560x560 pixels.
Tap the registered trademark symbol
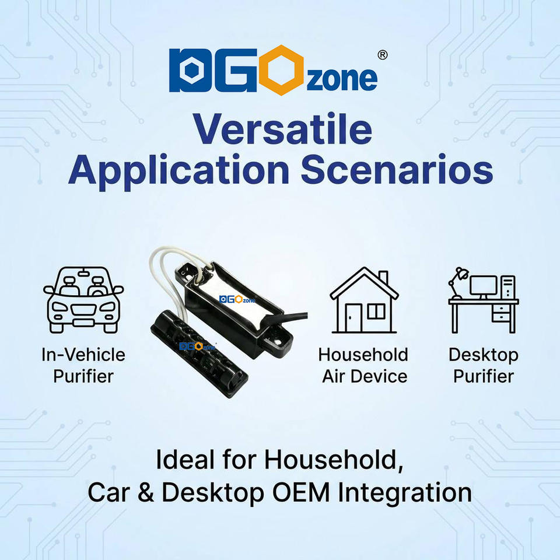click(x=383, y=55)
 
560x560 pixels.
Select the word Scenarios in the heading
click(x=397, y=170)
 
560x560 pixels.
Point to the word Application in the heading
click(x=178, y=172)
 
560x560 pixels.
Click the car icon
click(x=83, y=300)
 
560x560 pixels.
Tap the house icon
click(x=364, y=300)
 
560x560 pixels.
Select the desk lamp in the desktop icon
click(x=458, y=282)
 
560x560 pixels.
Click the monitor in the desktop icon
click(x=483, y=287)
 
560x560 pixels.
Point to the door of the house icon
click(x=353, y=317)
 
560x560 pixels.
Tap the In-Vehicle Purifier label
click(x=83, y=365)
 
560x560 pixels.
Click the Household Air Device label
click(x=363, y=365)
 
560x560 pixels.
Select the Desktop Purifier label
click(x=484, y=365)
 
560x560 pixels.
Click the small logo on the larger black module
click(x=237, y=299)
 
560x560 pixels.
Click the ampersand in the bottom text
click(x=146, y=493)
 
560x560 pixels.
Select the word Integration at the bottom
click(x=405, y=494)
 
